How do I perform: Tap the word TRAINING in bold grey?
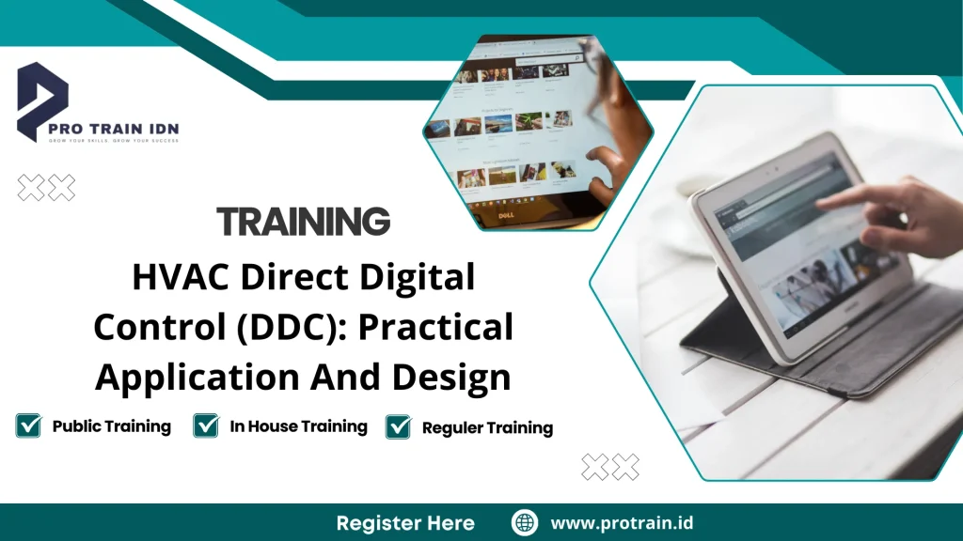[x=303, y=222]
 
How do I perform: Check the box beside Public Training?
[x=29, y=425]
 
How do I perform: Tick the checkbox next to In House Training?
[x=206, y=425]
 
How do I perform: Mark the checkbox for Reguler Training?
[x=399, y=426]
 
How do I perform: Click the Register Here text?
[x=405, y=522]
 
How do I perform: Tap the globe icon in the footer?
[x=524, y=522]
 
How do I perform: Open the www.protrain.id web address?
[x=622, y=522]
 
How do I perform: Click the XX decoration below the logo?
[x=46, y=188]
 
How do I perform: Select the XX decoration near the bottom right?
[x=610, y=467]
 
